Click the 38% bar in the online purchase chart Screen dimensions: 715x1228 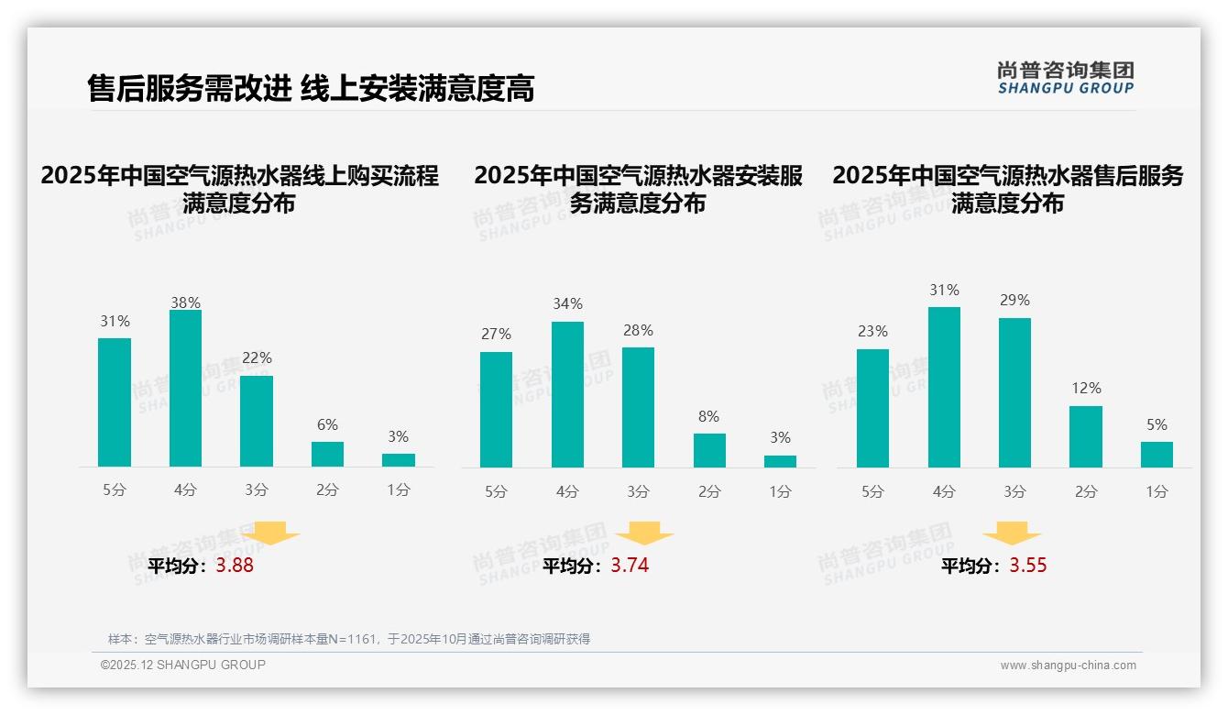coord(185,389)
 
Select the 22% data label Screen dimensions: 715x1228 coord(257,357)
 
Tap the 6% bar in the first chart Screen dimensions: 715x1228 coord(327,455)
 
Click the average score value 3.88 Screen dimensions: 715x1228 coord(235,566)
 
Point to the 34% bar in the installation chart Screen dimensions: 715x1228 coord(567,394)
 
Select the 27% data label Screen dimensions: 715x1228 coord(496,334)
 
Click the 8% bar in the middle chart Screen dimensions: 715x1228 coord(709,451)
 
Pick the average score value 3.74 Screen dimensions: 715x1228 coord(630,566)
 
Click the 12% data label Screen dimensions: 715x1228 coord(1086,388)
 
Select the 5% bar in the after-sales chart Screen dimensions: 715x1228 coord(1157,455)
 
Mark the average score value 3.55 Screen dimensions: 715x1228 coord(1028,566)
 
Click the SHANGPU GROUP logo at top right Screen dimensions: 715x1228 coord(1065,78)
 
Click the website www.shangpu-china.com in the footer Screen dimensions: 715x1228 coord(1068,665)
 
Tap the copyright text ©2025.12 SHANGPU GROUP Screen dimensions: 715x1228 coord(183,665)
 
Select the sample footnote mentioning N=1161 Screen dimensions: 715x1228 coord(349,639)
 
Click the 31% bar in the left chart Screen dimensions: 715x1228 coord(115,402)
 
